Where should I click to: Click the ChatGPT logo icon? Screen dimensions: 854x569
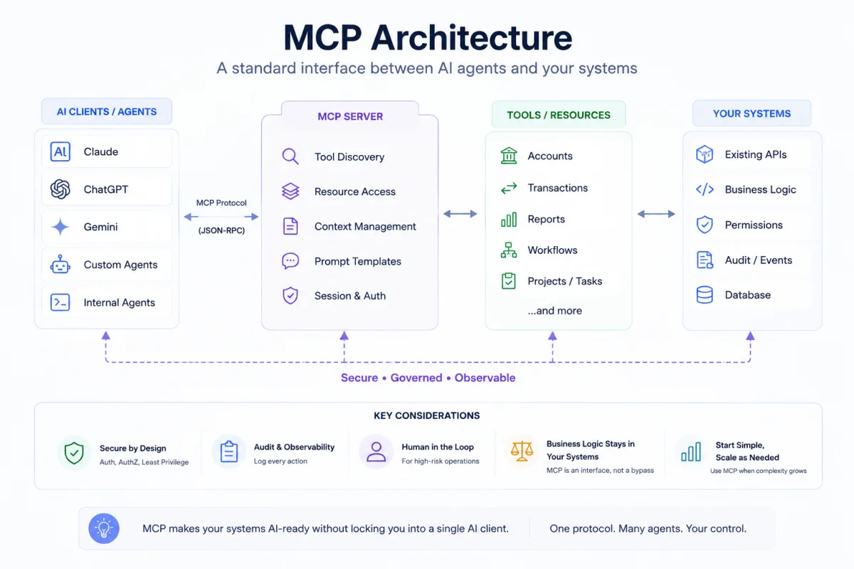pos(60,189)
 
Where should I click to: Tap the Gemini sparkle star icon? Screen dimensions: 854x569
pos(60,227)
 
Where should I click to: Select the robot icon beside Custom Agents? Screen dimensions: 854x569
pos(60,264)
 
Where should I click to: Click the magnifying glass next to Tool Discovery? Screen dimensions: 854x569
pos(290,156)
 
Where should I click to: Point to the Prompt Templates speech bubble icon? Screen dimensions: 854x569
pos(290,261)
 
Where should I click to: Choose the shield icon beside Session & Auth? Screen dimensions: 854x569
pos(290,295)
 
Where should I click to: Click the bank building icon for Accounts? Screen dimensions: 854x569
pos(509,156)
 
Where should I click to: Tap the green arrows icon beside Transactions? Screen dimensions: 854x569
pos(509,188)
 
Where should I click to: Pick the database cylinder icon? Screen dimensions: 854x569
pos(705,294)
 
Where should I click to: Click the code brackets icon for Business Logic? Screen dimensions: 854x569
pos(705,189)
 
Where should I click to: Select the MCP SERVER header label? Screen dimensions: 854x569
pos(350,116)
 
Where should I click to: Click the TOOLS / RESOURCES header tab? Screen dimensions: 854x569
pos(559,115)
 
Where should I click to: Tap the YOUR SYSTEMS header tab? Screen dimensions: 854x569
pos(752,113)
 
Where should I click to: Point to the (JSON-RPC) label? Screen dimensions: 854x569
pos(221,230)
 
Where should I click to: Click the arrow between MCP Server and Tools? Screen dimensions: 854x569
pos(460,214)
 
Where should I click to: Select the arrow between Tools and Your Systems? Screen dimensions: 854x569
pos(656,214)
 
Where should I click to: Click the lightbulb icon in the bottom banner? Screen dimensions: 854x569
pos(104,528)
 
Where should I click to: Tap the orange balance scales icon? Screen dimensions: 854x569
pos(522,451)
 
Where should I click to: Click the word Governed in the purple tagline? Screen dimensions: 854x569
pos(416,378)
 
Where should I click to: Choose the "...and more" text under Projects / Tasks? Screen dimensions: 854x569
pos(554,311)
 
